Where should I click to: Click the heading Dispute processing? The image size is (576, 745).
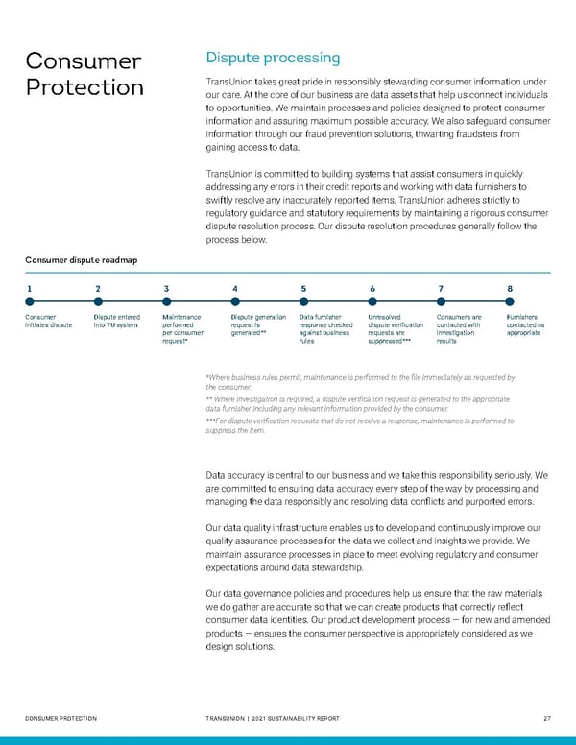(x=273, y=58)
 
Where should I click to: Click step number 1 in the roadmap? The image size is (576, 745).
(x=29, y=288)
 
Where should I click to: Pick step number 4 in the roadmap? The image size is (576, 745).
(x=235, y=288)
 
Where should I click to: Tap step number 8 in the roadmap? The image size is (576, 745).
(x=509, y=288)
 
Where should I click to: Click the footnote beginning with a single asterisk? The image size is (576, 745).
(x=360, y=382)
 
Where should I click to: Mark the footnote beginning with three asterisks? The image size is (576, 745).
(x=360, y=424)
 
